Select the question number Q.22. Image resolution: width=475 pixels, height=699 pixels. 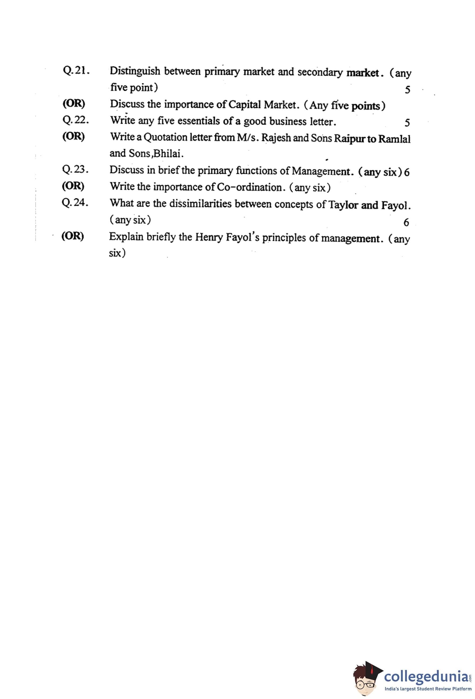pos(76,120)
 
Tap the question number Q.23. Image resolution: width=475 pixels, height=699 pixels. pos(75,169)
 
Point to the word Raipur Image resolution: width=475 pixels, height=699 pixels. pos(350,139)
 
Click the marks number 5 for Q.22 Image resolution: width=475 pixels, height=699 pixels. pos(407,123)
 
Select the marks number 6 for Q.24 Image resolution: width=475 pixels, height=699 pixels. pos(406,222)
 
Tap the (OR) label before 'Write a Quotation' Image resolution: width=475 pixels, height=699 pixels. pos(74,137)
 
